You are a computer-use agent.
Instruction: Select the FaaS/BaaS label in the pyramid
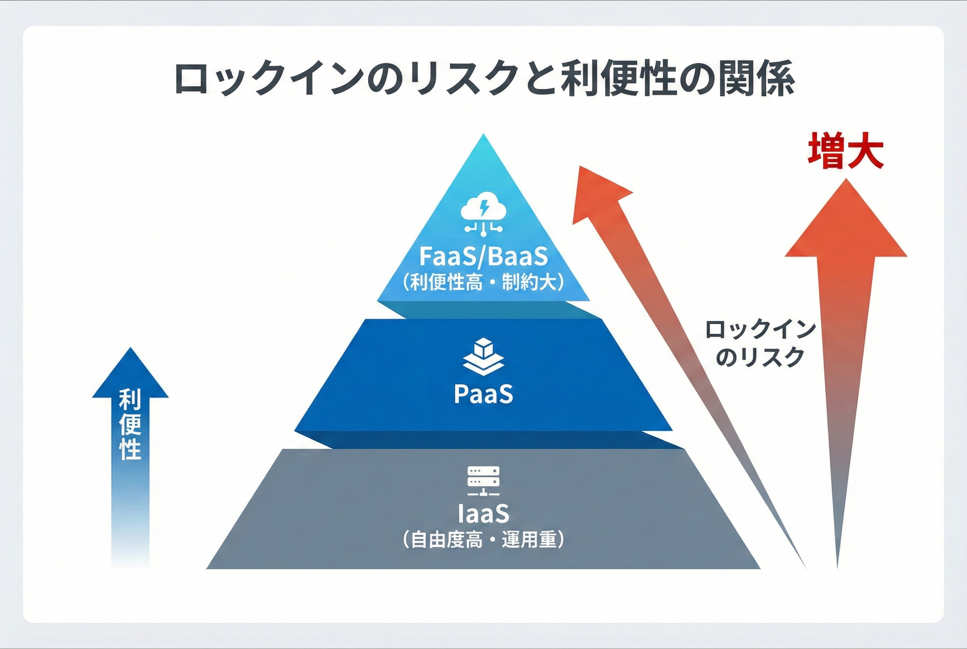pyautogui.click(x=483, y=256)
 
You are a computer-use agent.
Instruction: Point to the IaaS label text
pyautogui.click(x=483, y=513)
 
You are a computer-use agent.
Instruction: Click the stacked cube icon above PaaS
pyautogui.click(x=483, y=356)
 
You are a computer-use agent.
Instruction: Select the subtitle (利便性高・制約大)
pyautogui.click(x=483, y=283)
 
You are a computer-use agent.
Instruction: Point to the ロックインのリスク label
pyautogui.click(x=760, y=343)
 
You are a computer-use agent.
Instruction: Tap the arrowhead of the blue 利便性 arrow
pyautogui.click(x=130, y=375)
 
